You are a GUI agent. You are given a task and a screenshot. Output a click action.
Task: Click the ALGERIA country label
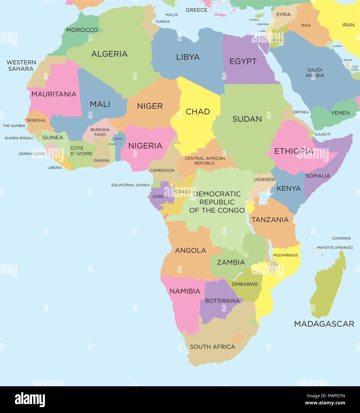(x=109, y=54)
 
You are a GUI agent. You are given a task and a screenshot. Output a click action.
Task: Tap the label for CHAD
(x=198, y=112)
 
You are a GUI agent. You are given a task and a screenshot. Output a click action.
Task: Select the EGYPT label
(x=243, y=62)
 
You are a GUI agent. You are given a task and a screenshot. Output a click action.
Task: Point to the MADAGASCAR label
(x=324, y=324)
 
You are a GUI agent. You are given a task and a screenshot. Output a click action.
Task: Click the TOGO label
(x=112, y=144)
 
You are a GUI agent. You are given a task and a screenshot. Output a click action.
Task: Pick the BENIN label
(x=118, y=139)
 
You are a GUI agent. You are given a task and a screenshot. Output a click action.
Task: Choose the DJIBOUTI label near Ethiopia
(x=323, y=134)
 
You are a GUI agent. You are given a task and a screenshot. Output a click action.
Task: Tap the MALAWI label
(x=273, y=265)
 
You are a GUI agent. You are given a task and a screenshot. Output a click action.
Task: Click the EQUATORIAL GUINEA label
(x=131, y=185)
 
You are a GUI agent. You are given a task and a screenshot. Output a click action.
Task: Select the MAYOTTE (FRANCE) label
(x=335, y=248)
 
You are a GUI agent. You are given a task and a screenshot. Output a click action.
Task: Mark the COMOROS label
(x=341, y=238)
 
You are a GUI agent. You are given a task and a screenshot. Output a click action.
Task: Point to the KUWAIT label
(x=337, y=46)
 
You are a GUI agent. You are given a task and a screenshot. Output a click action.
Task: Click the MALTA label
(x=172, y=15)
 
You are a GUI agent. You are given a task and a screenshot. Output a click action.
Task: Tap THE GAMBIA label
(x=14, y=126)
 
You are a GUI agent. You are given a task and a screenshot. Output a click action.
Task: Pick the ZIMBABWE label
(x=245, y=284)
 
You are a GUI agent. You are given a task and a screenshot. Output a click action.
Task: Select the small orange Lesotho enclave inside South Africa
(x=237, y=338)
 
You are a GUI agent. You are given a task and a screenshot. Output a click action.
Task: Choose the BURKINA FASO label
(x=100, y=132)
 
